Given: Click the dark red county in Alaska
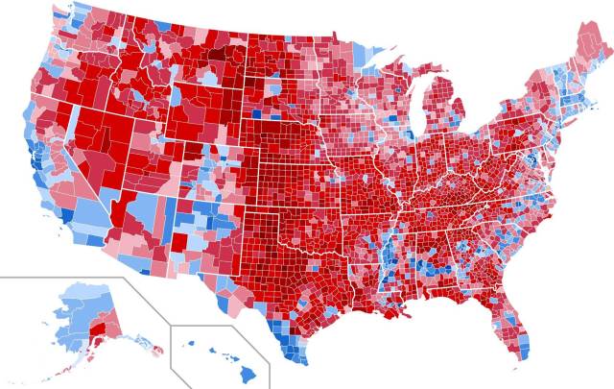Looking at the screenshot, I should pyautogui.click(x=96, y=332).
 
